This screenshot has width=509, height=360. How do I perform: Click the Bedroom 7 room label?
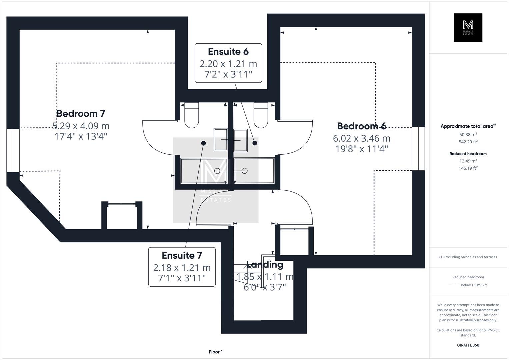pos(81,113)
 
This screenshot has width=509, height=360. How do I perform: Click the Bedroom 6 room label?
pos(361,126)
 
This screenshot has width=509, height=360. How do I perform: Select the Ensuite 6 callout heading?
pos(228,52)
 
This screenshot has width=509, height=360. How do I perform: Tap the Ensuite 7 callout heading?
pos(182,255)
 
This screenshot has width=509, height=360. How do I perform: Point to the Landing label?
pos(265,265)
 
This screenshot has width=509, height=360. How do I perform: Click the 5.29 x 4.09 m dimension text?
pos(81,126)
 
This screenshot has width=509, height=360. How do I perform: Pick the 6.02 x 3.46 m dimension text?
pos(361,138)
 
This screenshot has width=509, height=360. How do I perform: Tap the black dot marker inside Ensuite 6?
pos(255,143)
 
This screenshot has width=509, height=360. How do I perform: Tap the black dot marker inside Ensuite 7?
pos(203,143)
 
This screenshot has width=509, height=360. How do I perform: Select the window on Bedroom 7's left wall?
pos(13,150)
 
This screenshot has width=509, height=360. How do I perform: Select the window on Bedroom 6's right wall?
pos(418,149)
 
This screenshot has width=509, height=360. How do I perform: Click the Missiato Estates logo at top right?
pos(468,28)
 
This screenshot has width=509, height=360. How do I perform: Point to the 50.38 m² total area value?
pos(468,135)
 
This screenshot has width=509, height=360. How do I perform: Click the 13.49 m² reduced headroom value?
pos(468,161)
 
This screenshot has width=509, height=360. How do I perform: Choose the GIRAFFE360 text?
pos(468,345)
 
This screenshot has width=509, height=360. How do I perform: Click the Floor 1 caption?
pos(216,352)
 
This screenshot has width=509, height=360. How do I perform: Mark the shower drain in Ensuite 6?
pos(244,171)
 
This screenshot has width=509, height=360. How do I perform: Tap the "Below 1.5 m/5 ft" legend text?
pos(474,285)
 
